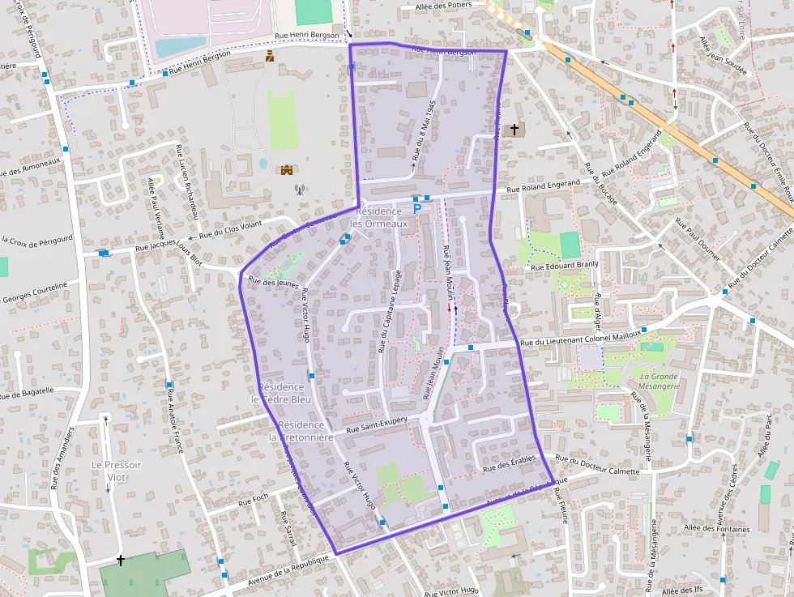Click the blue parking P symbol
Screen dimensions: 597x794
pyautogui.click(x=418, y=208)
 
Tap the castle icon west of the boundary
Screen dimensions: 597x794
pyautogui.click(x=286, y=169)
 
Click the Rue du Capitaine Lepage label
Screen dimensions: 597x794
pyautogui.click(x=387, y=312)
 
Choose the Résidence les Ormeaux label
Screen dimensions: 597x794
pyautogui.click(x=374, y=217)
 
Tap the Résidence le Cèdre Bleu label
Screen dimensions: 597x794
pyautogui.click(x=281, y=393)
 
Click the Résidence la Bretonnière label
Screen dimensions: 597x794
pyautogui.click(x=301, y=431)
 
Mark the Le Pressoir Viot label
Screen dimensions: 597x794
pyautogui.click(x=116, y=471)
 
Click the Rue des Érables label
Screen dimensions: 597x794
pyautogui.click(x=509, y=464)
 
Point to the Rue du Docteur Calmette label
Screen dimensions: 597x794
pyautogui.click(x=599, y=467)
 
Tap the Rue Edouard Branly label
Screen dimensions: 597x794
pyautogui.click(x=564, y=265)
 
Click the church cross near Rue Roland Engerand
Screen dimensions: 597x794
pyautogui.click(x=514, y=129)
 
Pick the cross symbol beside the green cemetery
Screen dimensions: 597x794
pyautogui.click(x=121, y=560)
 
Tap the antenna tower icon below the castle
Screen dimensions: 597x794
pyautogui.click(x=299, y=190)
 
